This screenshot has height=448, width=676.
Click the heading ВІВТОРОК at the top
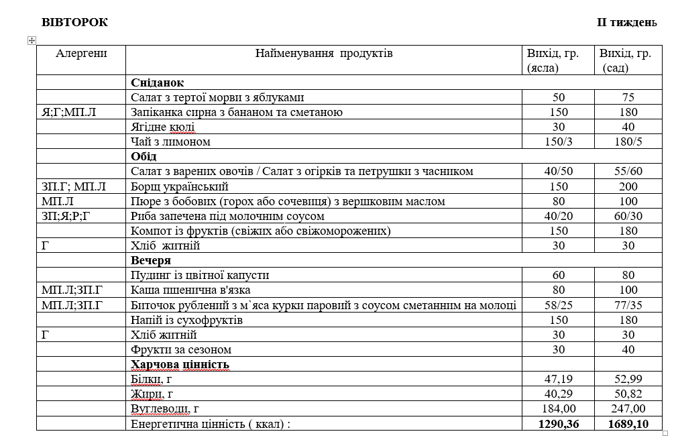tap(74, 22)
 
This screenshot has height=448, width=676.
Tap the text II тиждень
tap(626, 23)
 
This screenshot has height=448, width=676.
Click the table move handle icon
tap(31, 41)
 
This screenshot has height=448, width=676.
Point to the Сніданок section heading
tap(158, 82)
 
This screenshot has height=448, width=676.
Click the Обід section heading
tap(144, 156)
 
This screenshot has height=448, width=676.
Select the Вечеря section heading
tap(151, 260)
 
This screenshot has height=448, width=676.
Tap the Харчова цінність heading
tap(180, 364)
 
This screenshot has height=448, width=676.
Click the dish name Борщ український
tap(180, 186)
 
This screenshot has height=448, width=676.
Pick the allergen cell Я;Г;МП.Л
tap(69, 112)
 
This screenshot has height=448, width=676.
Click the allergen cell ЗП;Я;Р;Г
tap(67, 216)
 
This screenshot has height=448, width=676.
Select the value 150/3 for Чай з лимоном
tap(558, 142)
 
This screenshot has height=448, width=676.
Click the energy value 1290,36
tap(558, 424)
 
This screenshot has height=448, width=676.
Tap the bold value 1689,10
tap(628, 424)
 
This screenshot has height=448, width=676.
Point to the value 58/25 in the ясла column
tap(558, 305)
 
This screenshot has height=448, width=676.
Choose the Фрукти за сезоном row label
tap(181, 349)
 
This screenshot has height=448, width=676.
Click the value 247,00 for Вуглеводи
tap(628, 408)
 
